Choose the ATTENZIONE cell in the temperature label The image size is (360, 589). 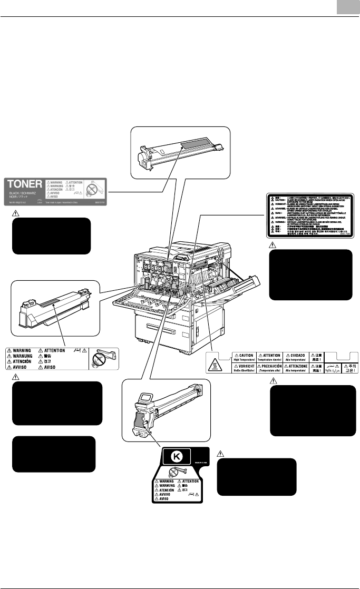click(296, 369)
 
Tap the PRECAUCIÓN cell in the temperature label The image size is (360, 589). click(270, 369)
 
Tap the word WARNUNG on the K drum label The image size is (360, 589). click(167, 488)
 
